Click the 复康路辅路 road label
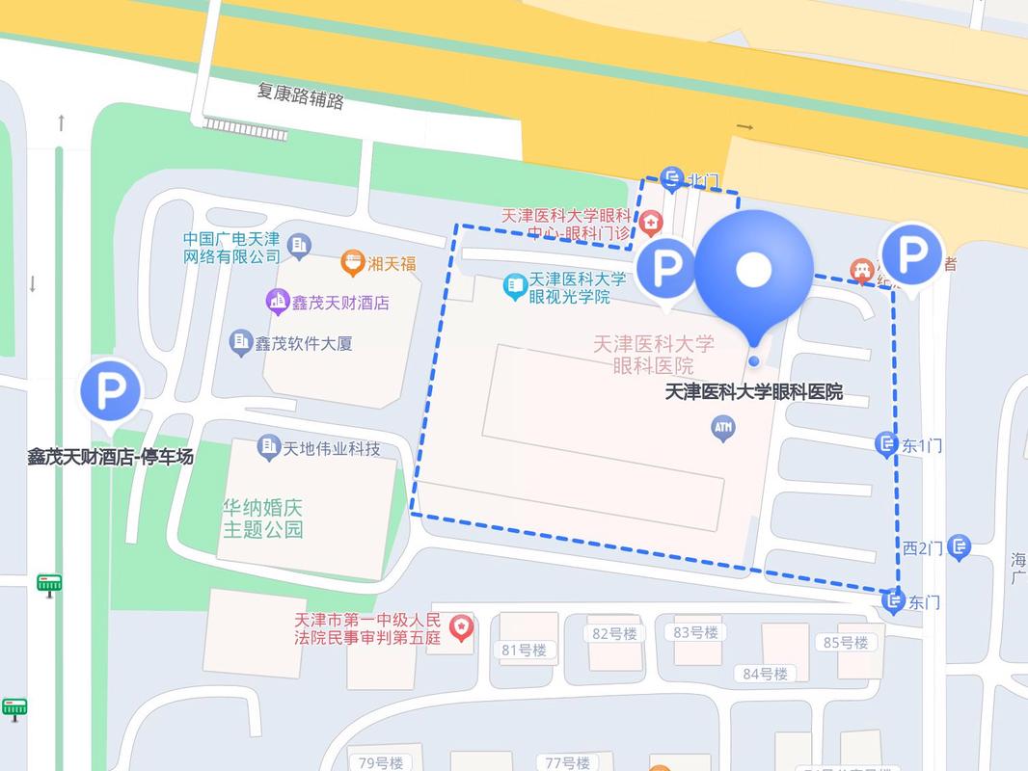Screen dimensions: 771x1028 tap(300, 95)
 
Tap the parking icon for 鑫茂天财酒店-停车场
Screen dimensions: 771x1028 tap(110, 391)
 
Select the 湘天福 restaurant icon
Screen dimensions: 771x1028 tap(353, 262)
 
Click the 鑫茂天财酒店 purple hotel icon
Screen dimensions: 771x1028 tap(279, 302)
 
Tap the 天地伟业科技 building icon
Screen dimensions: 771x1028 tap(269, 447)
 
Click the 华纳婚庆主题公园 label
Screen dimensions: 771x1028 tap(263, 518)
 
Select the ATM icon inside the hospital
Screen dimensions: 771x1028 tap(723, 427)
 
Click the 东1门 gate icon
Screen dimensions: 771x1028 tap(886, 444)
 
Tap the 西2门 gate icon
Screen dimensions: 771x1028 tap(959, 547)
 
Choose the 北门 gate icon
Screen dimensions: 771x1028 tap(672, 179)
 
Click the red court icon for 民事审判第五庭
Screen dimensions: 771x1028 tap(463, 627)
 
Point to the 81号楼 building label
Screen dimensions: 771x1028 tap(524, 650)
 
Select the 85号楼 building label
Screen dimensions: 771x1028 tap(846, 642)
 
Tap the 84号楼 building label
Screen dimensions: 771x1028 tap(766, 673)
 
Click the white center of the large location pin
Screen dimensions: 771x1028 tap(753, 270)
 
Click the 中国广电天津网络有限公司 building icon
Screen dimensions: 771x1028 tap(299, 246)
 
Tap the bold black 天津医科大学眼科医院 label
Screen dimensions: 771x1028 tap(754, 392)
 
